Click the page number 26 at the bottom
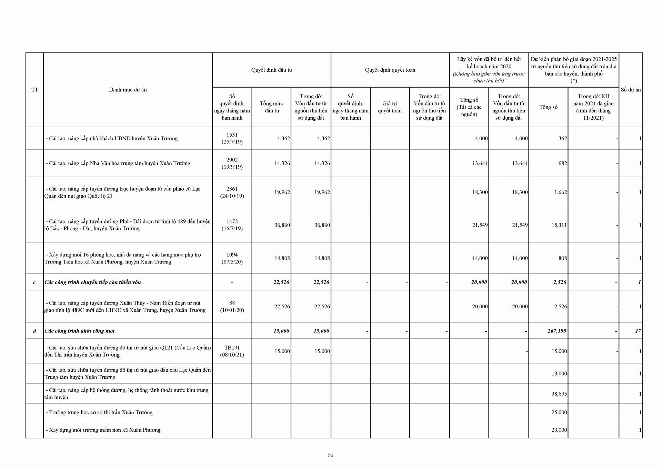[x=330, y=455]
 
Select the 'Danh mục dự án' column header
[x=128, y=90]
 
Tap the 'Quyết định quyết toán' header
[x=390, y=70]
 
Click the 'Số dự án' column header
[x=631, y=90]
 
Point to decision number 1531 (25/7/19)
[x=232, y=138]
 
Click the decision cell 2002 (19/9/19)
[x=232, y=163]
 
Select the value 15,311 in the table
[x=559, y=225]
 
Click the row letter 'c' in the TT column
[x=34, y=282]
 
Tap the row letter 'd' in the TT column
[x=34, y=331]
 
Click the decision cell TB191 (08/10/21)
[x=232, y=351]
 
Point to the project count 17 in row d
[x=638, y=331]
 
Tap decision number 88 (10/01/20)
[x=232, y=306]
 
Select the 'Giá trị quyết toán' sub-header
[x=390, y=107]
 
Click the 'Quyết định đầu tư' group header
[x=271, y=70]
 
